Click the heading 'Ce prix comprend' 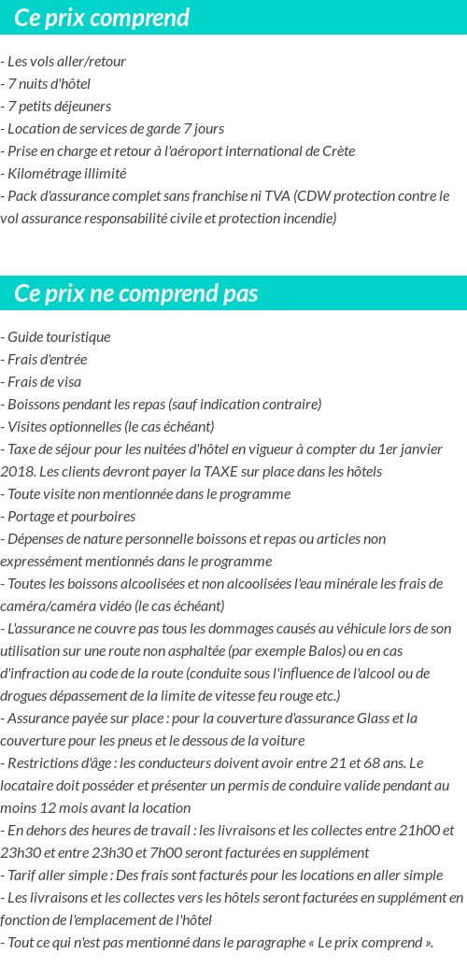(102, 18)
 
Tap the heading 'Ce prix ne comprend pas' (136, 293)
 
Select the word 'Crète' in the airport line (337, 151)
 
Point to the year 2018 (18, 472)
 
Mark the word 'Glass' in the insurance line (375, 719)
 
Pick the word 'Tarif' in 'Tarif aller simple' (24, 875)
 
